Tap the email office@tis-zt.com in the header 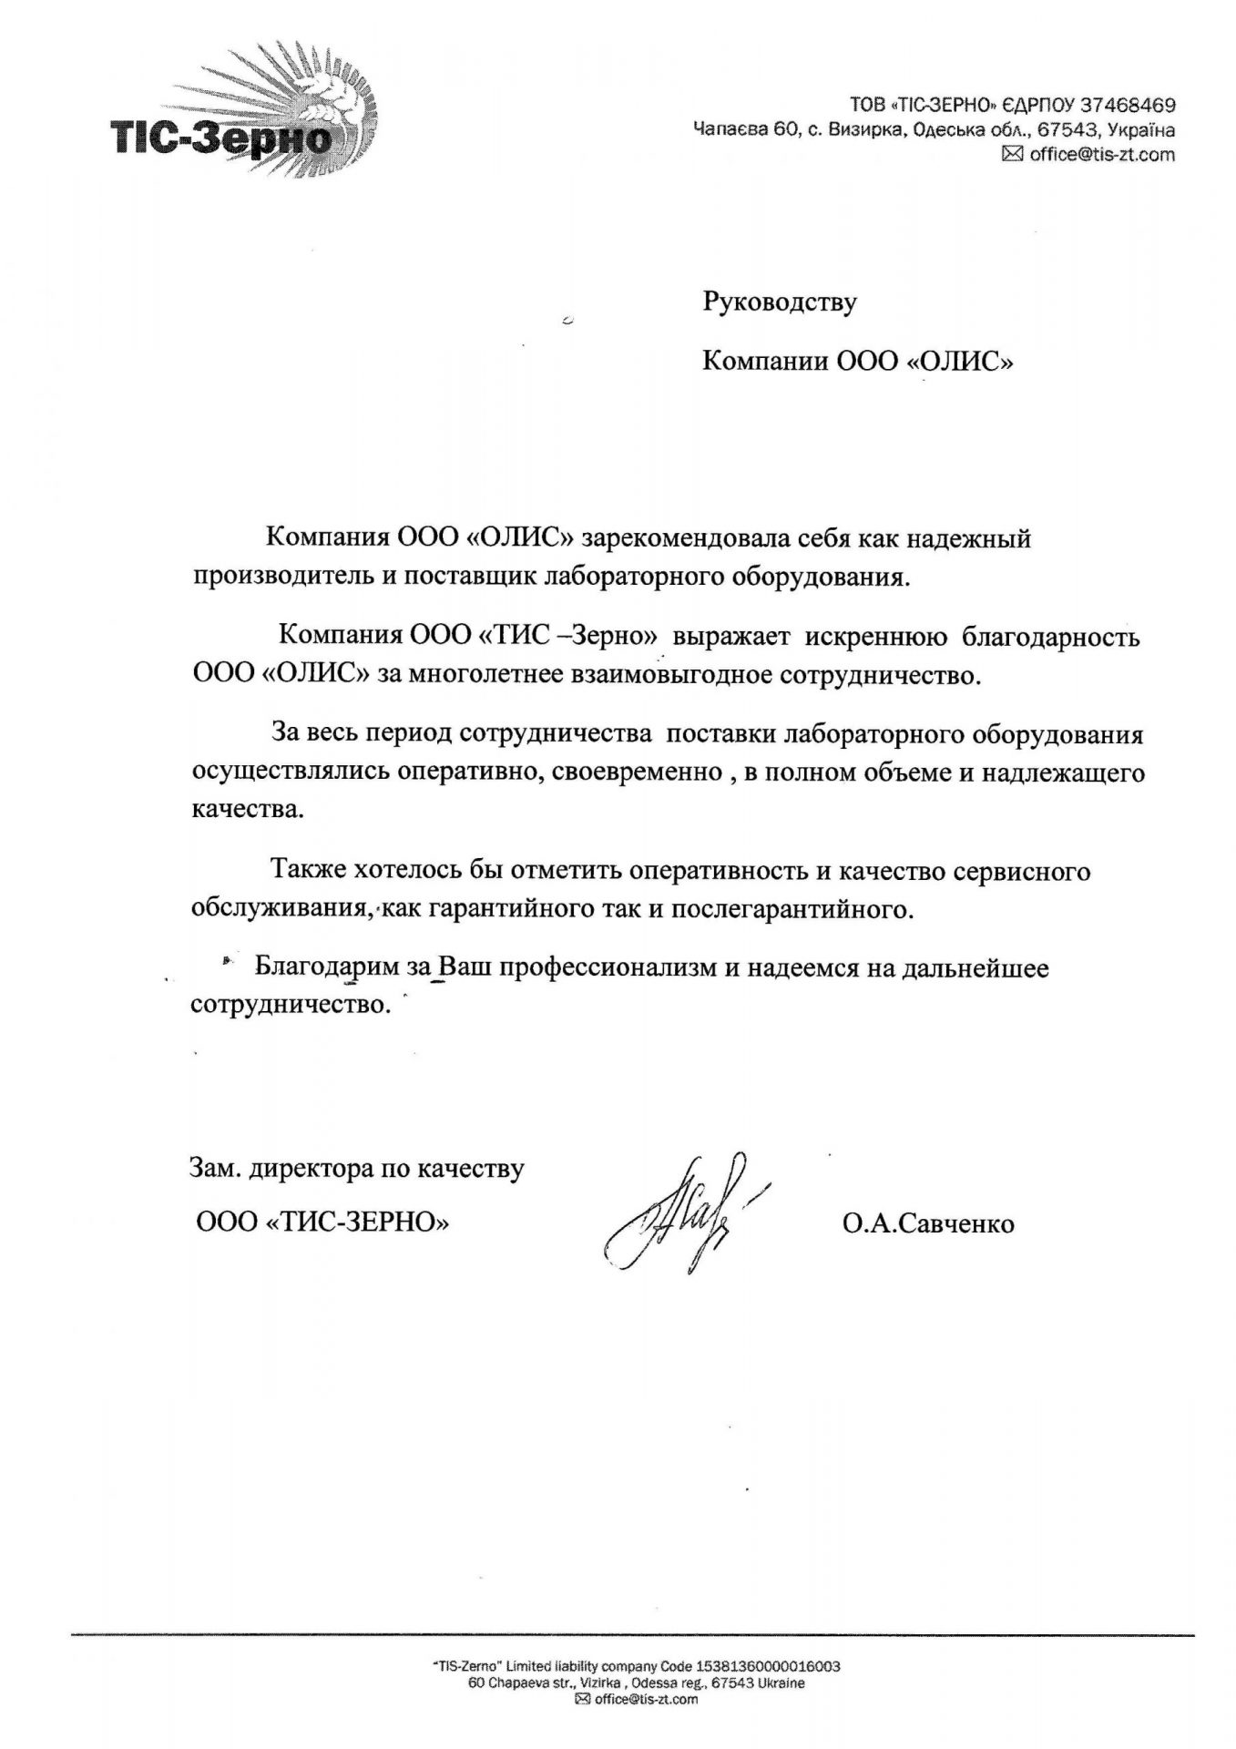click(1102, 155)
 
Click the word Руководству click(780, 302)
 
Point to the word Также click(304, 871)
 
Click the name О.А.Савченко click(928, 1223)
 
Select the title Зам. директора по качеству click(356, 1168)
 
